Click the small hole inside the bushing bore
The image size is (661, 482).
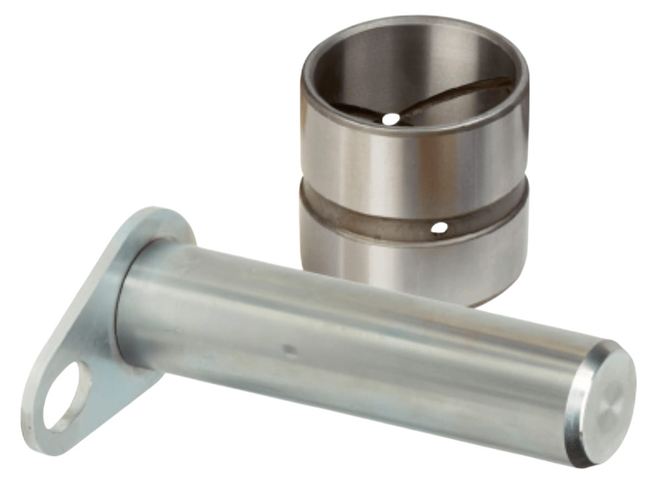391,119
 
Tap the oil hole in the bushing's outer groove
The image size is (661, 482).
438,228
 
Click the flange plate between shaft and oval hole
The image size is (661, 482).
99,343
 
